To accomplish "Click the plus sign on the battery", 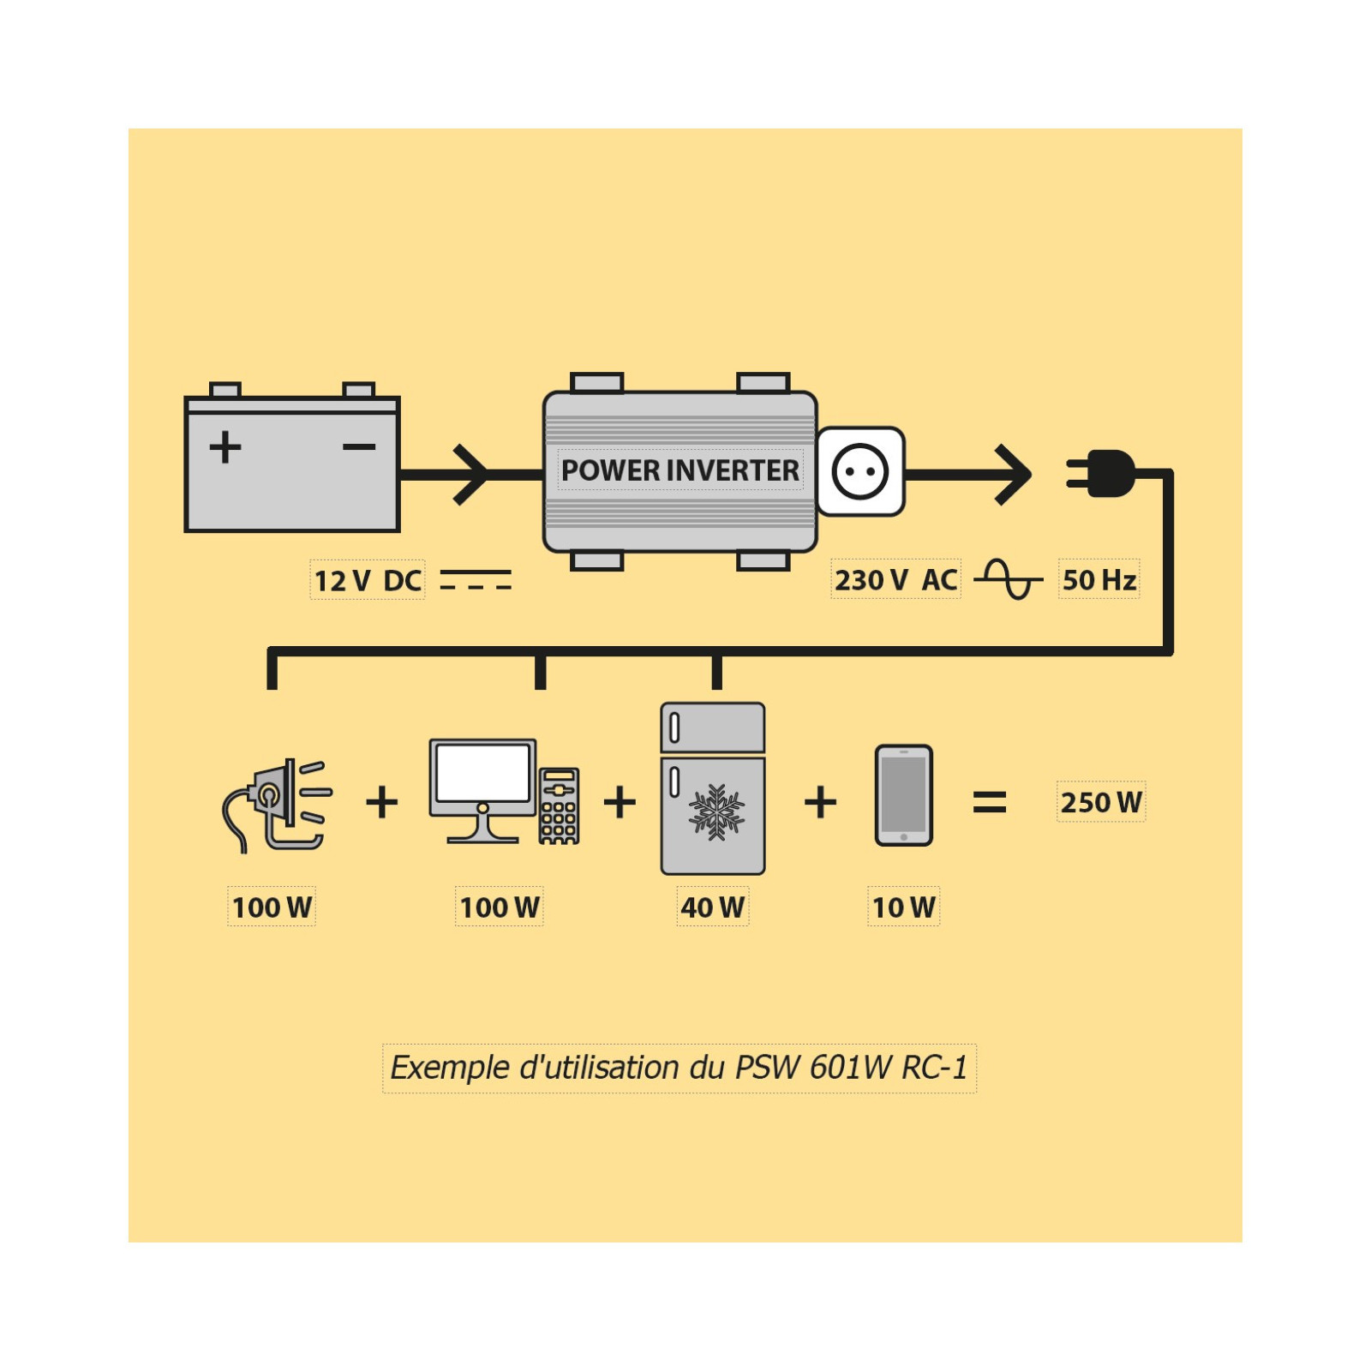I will point(225,447).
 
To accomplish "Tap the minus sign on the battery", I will point(359,446).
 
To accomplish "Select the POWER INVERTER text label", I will point(680,470).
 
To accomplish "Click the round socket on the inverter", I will point(860,471).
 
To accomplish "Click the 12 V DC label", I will point(368,580).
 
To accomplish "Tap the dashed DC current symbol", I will point(476,580).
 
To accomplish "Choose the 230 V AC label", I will point(895,579).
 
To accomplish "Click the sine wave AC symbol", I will point(1009,579).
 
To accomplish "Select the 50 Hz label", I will point(1099,579).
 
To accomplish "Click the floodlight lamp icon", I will point(277,804).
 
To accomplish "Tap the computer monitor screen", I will point(482,773).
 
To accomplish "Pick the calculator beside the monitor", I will point(559,805).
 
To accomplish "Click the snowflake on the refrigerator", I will point(716,811).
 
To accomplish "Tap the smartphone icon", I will point(903,795).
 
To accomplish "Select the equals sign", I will point(990,802).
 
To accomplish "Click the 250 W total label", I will point(1101,802).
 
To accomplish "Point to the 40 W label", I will point(712,907).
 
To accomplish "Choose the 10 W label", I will point(903,907).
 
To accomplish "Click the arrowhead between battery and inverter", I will point(471,474).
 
